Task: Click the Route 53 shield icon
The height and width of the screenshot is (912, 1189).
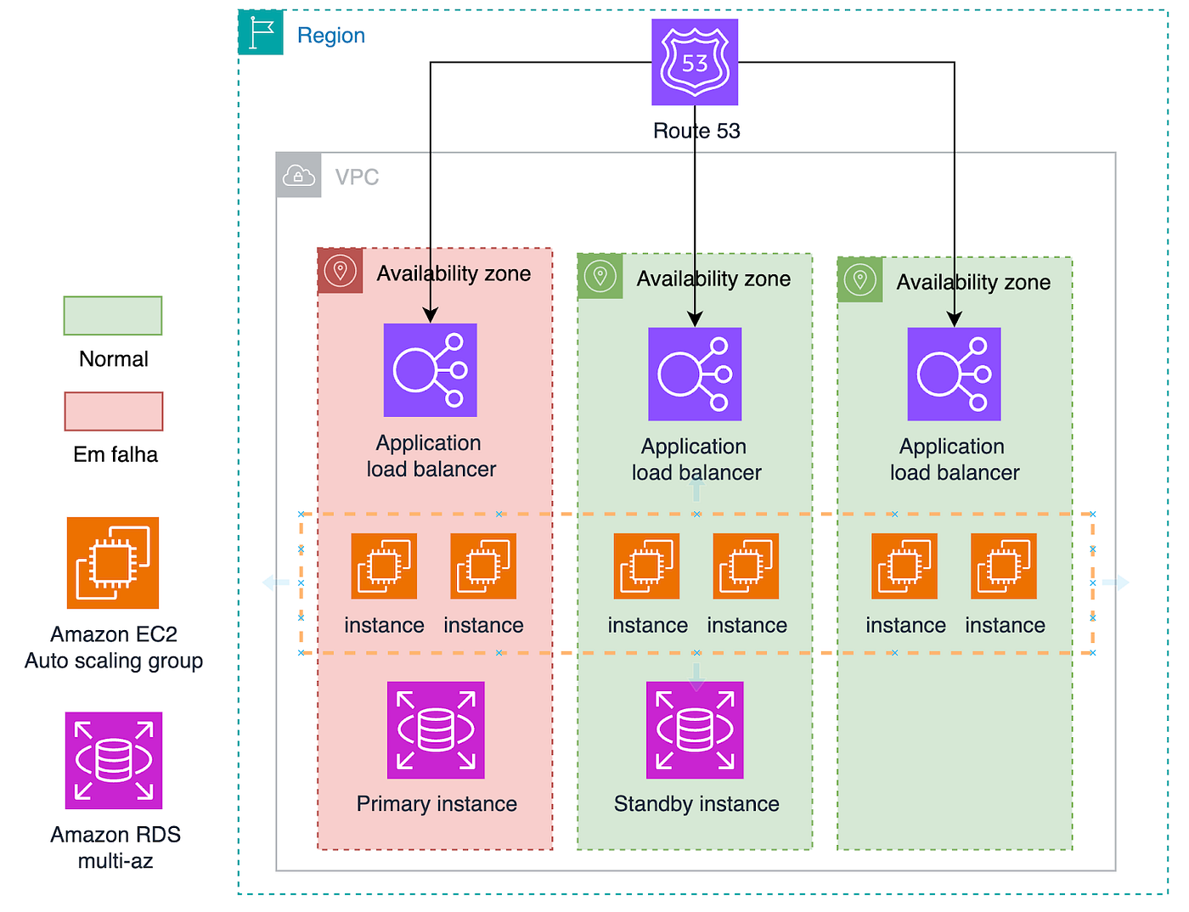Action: tap(695, 62)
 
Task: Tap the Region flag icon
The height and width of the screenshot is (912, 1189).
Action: tap(261, 32)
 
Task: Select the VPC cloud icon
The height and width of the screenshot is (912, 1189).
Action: tap(299, 175)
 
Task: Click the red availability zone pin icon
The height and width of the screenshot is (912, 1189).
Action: tap(340, 271)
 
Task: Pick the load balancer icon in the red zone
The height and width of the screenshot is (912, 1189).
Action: tap(430, 370)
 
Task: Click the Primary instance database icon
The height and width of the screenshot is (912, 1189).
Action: tap(436, 729)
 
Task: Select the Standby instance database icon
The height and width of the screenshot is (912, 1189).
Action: tap(695, 729)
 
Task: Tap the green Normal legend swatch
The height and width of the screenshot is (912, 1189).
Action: tap(113, 316)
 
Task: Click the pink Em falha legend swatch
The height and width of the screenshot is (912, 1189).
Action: tap(114, 411)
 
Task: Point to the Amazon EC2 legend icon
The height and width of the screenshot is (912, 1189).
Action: tap(113, 563)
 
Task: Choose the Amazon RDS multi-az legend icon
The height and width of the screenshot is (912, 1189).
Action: tap(114, 761)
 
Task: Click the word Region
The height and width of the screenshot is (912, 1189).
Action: tap(331, 36)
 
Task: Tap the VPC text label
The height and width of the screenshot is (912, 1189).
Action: tap(357, 177)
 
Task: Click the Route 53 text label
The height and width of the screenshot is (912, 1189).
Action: tap(696, 131)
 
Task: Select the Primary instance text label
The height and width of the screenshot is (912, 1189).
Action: tap(437, 804)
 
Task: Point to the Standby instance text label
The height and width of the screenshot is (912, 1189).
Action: tap(696, 804)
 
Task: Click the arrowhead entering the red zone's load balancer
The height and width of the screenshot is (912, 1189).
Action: tap(430, 316)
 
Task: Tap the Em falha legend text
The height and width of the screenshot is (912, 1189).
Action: tap(116, 454)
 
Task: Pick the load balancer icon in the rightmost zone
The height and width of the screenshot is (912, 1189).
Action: tap(954, 374)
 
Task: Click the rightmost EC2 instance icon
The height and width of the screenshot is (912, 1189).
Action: tap(1004, 566)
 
